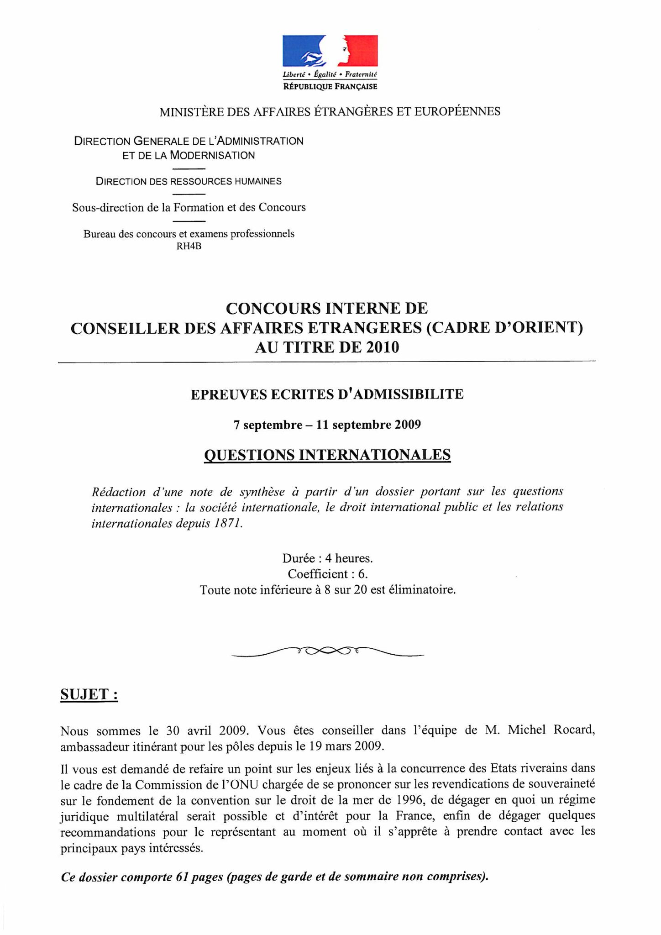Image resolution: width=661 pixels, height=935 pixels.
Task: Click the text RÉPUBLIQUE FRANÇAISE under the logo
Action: pos(330,86)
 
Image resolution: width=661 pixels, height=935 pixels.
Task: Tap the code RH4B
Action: pos(189,247)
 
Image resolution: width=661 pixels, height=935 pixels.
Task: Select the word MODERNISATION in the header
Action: pos(212,155)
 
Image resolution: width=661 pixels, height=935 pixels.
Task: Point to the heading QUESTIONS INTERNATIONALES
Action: pos(327,455)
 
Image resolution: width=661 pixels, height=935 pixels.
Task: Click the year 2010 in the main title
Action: pos(381,347)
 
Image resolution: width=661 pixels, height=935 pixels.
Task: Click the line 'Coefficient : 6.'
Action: pos(328,574)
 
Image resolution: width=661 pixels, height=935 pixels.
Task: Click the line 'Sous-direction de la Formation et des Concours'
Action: pos(189,208)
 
